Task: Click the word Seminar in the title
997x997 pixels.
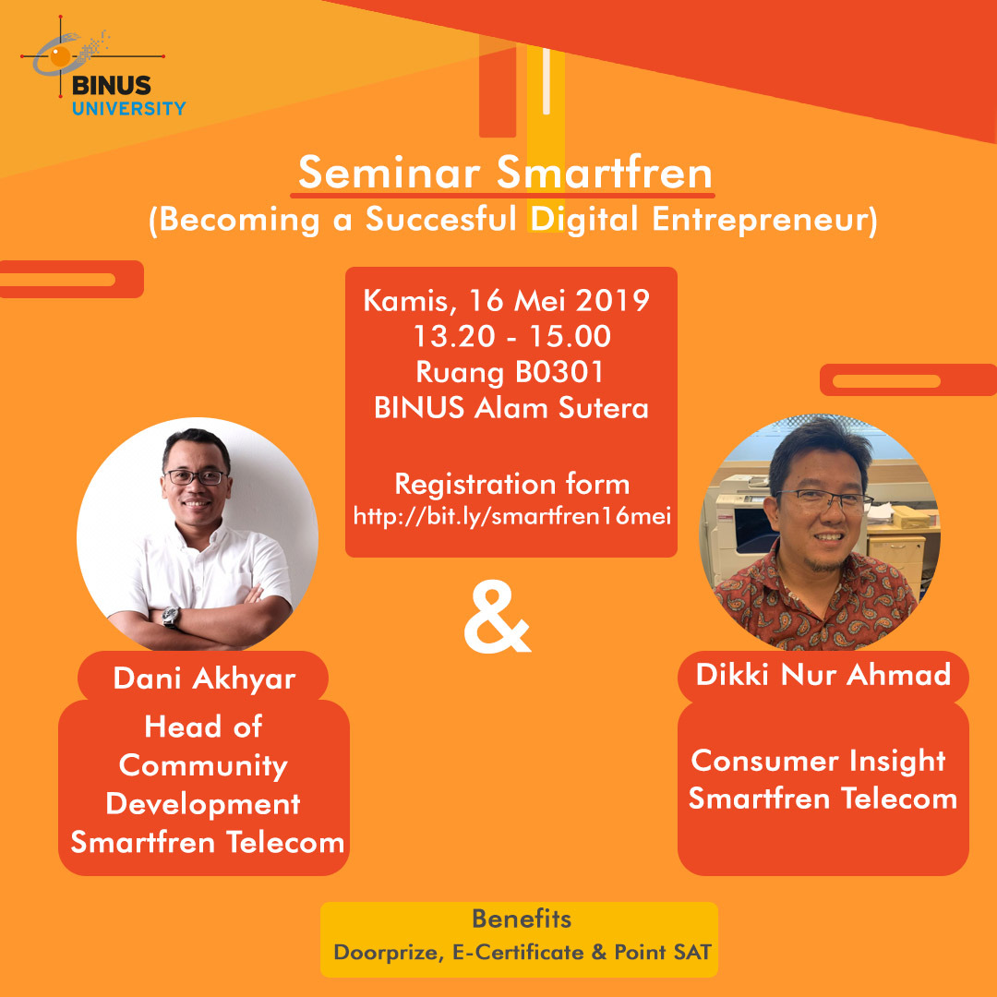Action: click(390, 173)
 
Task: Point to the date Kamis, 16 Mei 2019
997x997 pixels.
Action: click(506, 300)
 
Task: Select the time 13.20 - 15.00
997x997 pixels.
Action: click(511, 336)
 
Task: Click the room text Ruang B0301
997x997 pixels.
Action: click(510, 372)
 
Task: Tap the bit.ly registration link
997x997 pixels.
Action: click(511, 516)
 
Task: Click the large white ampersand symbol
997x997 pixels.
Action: click(498, 620)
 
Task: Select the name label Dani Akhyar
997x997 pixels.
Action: click(204, 679)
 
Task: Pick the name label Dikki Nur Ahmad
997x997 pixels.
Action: click(823, 675)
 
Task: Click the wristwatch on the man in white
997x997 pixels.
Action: click(171, 617)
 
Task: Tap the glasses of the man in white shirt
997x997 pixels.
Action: click(195, 476)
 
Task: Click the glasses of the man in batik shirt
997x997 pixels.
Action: click(824, 500)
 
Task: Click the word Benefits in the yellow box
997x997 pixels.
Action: click(522, 919)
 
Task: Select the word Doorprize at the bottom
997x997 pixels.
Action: click(387, 953)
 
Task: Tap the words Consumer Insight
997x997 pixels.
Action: click(818, 762)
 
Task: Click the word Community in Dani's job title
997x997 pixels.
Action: click(203, 766)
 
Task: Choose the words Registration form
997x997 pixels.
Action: click(512, 484)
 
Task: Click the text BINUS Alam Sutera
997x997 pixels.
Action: click(511, 408)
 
